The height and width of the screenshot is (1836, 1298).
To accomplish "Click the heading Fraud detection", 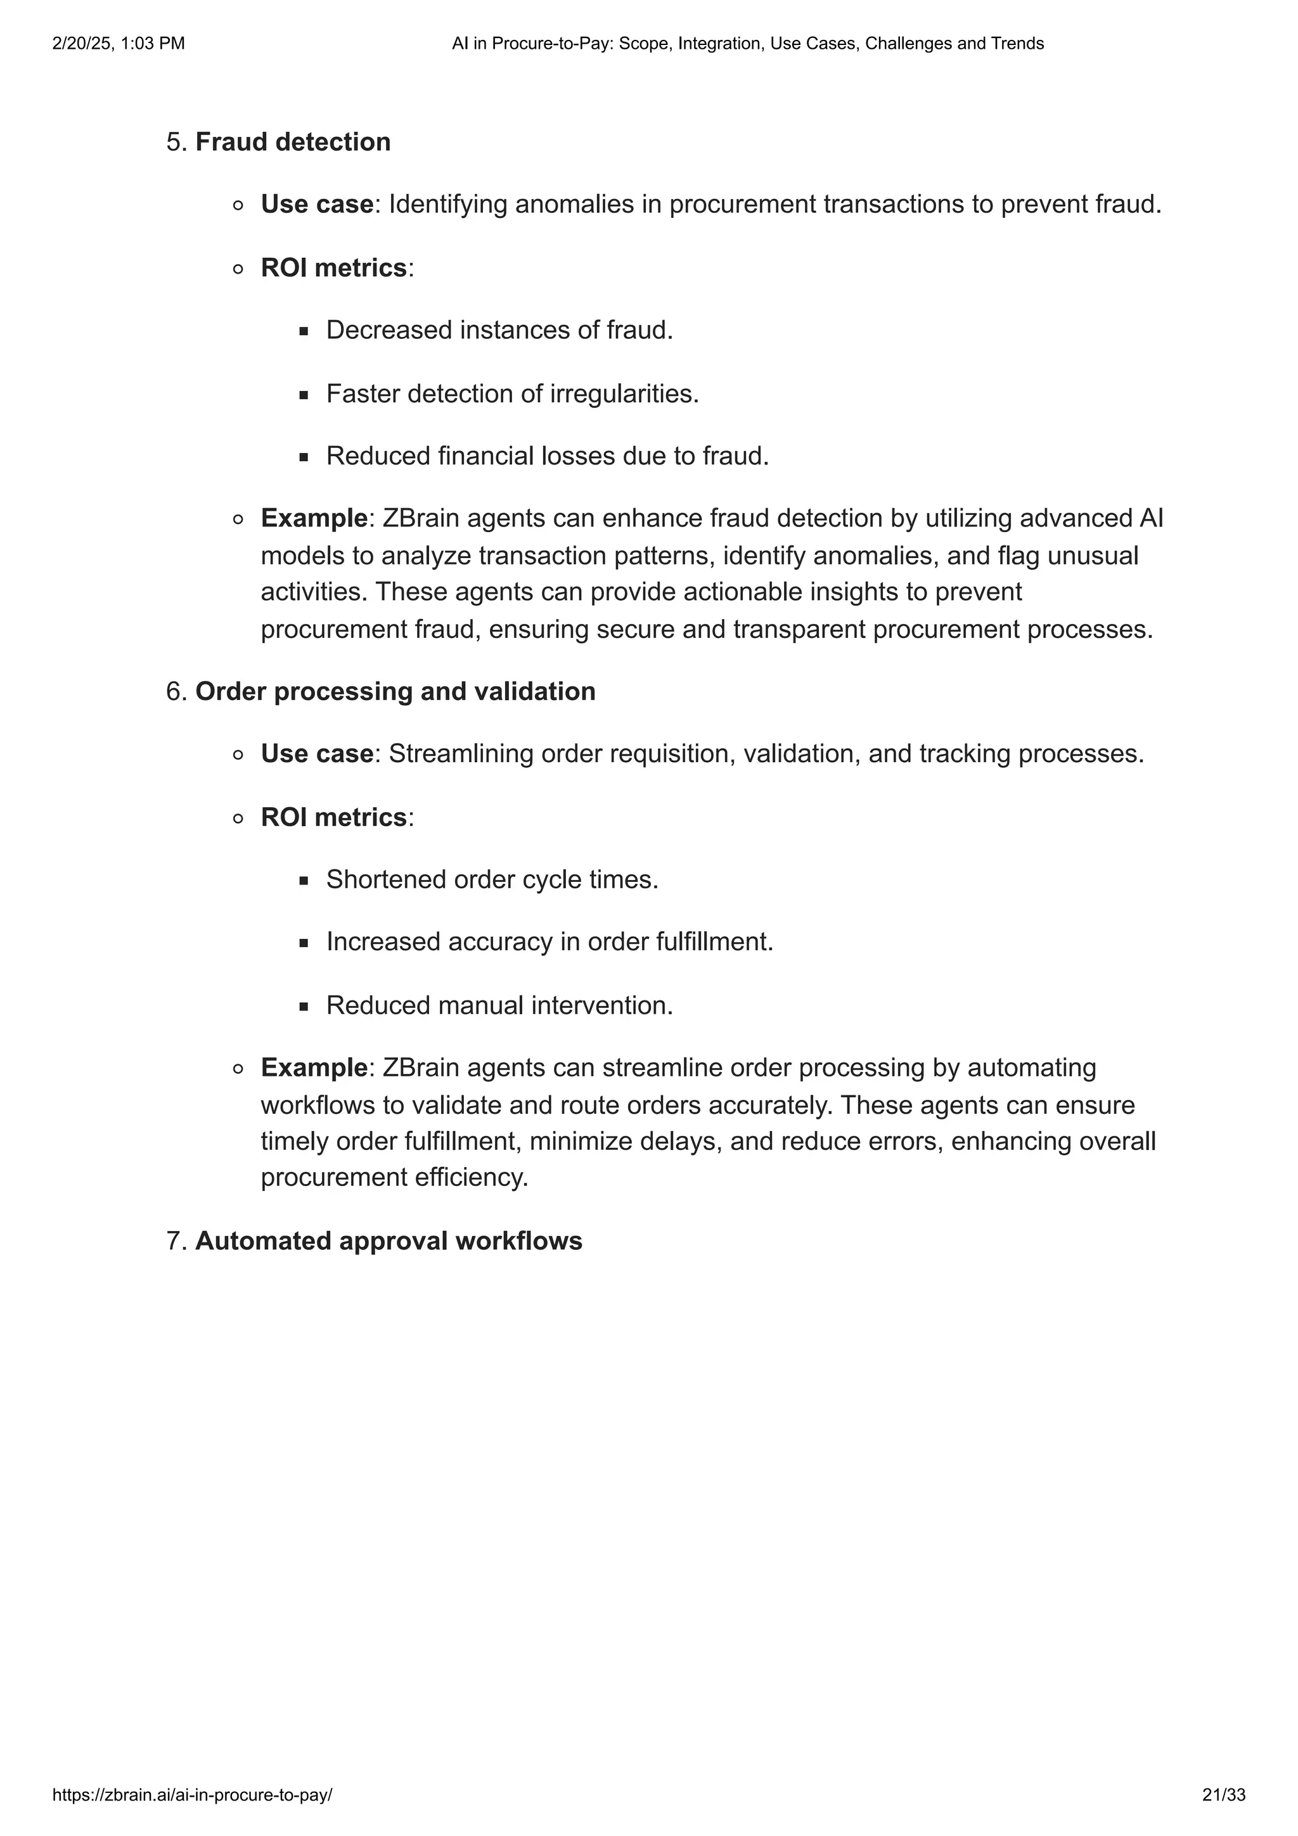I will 293,143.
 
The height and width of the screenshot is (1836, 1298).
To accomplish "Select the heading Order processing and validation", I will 395,692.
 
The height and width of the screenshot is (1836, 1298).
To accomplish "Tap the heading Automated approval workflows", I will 389,1241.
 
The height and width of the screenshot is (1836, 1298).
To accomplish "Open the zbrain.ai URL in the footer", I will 192,1795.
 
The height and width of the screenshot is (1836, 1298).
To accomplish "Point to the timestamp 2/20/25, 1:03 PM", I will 119,44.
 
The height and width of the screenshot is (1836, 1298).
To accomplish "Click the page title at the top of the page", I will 748,44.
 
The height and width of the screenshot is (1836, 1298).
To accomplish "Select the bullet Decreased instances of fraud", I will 499,330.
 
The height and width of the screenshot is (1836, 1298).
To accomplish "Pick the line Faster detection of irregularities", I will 512,394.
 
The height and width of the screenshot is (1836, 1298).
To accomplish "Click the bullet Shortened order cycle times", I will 492,879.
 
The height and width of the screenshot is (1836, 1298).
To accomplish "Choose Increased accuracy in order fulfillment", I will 549,942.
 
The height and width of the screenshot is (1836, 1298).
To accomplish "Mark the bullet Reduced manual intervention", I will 499,1006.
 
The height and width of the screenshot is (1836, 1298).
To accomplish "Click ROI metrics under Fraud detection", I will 333,268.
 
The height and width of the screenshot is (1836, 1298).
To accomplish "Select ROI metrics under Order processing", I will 333,817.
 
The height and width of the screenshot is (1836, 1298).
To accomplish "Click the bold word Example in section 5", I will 314,519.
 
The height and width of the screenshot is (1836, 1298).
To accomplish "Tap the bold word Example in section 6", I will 314,1068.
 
